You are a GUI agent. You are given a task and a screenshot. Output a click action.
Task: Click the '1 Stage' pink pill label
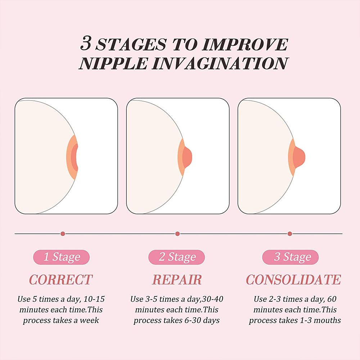coord(62,257)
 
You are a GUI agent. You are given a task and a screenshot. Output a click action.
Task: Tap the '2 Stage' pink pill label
coord(176,257)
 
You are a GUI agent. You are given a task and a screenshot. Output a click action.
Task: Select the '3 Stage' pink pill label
coord(291,257)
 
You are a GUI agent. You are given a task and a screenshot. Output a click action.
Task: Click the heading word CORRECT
coord(61,280)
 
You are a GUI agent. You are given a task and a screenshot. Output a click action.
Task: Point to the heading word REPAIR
coord(177,280)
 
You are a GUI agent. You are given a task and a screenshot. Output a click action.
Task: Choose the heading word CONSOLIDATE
coord(293,280)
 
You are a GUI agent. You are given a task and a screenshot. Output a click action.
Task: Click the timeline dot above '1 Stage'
coord(63,234)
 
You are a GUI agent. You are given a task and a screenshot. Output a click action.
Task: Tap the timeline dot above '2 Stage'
coord(177,234)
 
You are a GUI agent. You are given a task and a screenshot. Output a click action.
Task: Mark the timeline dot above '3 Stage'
coord(290,234)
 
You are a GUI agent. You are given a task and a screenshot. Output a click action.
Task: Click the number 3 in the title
coord(86,44)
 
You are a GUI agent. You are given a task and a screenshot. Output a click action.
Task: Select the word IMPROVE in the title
coord(245,44)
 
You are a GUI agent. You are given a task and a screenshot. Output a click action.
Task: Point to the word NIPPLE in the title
coord(113,63)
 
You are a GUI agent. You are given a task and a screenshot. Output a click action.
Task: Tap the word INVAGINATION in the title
coord(220,63)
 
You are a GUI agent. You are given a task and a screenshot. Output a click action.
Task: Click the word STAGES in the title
coord(131,44)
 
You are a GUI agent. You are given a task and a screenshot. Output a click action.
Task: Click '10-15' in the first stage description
coord(94,299)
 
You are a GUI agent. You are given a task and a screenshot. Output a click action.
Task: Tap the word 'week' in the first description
coord(89,320)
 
